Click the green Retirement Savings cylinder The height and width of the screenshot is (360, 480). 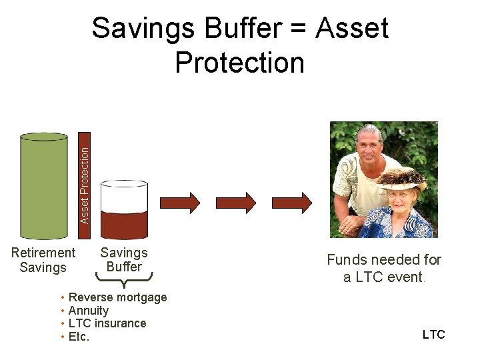[x=44, y=186]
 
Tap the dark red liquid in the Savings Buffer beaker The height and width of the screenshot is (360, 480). [x=123, y=225]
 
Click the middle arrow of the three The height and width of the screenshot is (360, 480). [x=236, y=202]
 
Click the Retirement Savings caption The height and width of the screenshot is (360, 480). [x=43, y=260]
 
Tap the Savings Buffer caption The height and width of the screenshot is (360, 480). [x=124, y=260]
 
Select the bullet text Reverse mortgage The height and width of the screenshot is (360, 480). [x=117, y=297]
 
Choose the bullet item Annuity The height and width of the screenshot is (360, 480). [x=88, y=311]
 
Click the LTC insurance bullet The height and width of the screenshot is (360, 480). [x=107, y=323]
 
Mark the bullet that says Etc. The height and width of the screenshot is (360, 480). [x=79, y=337]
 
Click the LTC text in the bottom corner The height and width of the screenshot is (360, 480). [x=433, y=335]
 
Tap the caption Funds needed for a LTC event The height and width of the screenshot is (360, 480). [x=384, y=268]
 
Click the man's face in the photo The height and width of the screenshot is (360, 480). [x=368, y=147]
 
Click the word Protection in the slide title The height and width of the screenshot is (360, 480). [x=239, y=63]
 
